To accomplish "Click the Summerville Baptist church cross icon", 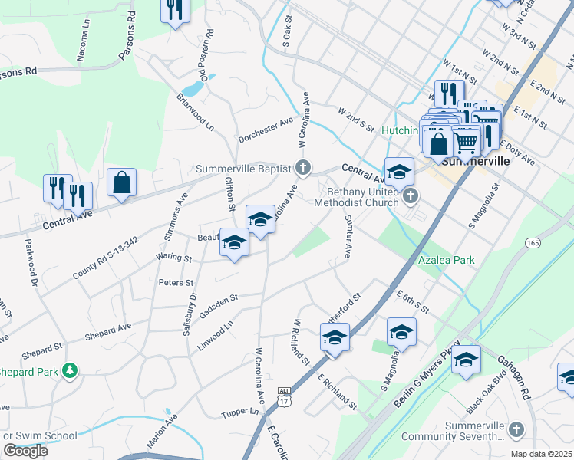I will point(304,168).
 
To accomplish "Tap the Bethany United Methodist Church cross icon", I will point(410,197).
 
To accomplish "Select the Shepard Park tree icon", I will point(70,371).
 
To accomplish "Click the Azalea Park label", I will point(446,260).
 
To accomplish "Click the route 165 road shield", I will point(533,242).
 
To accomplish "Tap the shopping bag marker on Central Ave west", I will point(121,182).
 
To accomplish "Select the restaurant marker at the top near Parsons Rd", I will point(175,8).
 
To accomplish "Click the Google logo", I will point(25,450).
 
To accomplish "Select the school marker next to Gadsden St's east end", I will point(335,337).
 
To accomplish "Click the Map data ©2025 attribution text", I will point(542,454).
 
